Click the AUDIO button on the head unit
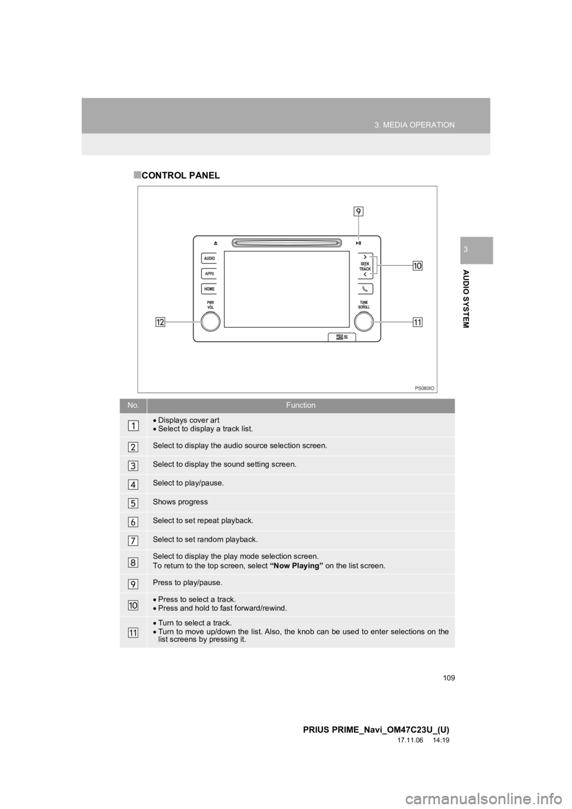tap(209, 259)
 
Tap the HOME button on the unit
tap(209, 289)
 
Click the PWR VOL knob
tap(210, 321)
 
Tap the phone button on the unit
tap(365, 289)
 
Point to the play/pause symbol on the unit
tap(359, 243)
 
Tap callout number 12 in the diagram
tap(160, 322)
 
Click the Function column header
tap(300, 405)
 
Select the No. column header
tap(132, 405)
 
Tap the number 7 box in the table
tap(132, 540)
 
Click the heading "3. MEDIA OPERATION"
tap(415, 125)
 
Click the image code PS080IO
tap(424, 387)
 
